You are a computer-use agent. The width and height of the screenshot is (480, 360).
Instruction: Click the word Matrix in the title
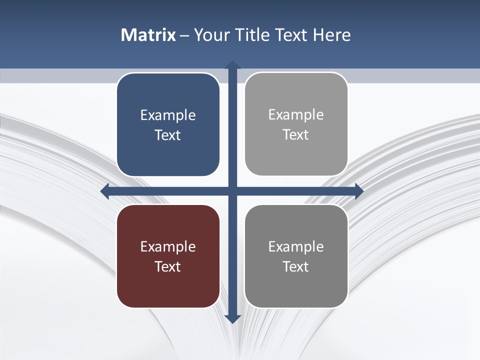point(148,35)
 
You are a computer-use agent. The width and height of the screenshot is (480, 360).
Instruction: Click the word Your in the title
point(211,35)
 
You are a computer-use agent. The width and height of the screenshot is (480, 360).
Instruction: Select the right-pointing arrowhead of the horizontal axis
point(358,191)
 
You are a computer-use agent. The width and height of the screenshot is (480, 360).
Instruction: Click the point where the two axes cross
point(232,191)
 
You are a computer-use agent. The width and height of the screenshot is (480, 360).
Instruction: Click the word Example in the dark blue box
point(168,115)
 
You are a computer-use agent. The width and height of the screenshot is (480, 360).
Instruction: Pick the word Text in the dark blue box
point(168,135)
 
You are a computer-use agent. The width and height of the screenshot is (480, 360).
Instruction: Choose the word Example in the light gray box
point(296,115)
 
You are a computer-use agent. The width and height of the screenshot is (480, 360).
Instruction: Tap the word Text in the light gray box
point(296,135)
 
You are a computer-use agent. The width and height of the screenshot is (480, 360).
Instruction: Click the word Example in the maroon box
point(168,247)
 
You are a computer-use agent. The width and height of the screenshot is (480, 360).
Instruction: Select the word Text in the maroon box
point(168,267)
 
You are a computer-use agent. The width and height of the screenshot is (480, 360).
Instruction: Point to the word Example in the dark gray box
point(296,247)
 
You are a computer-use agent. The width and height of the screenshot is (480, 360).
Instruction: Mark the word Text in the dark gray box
point(296,267)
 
